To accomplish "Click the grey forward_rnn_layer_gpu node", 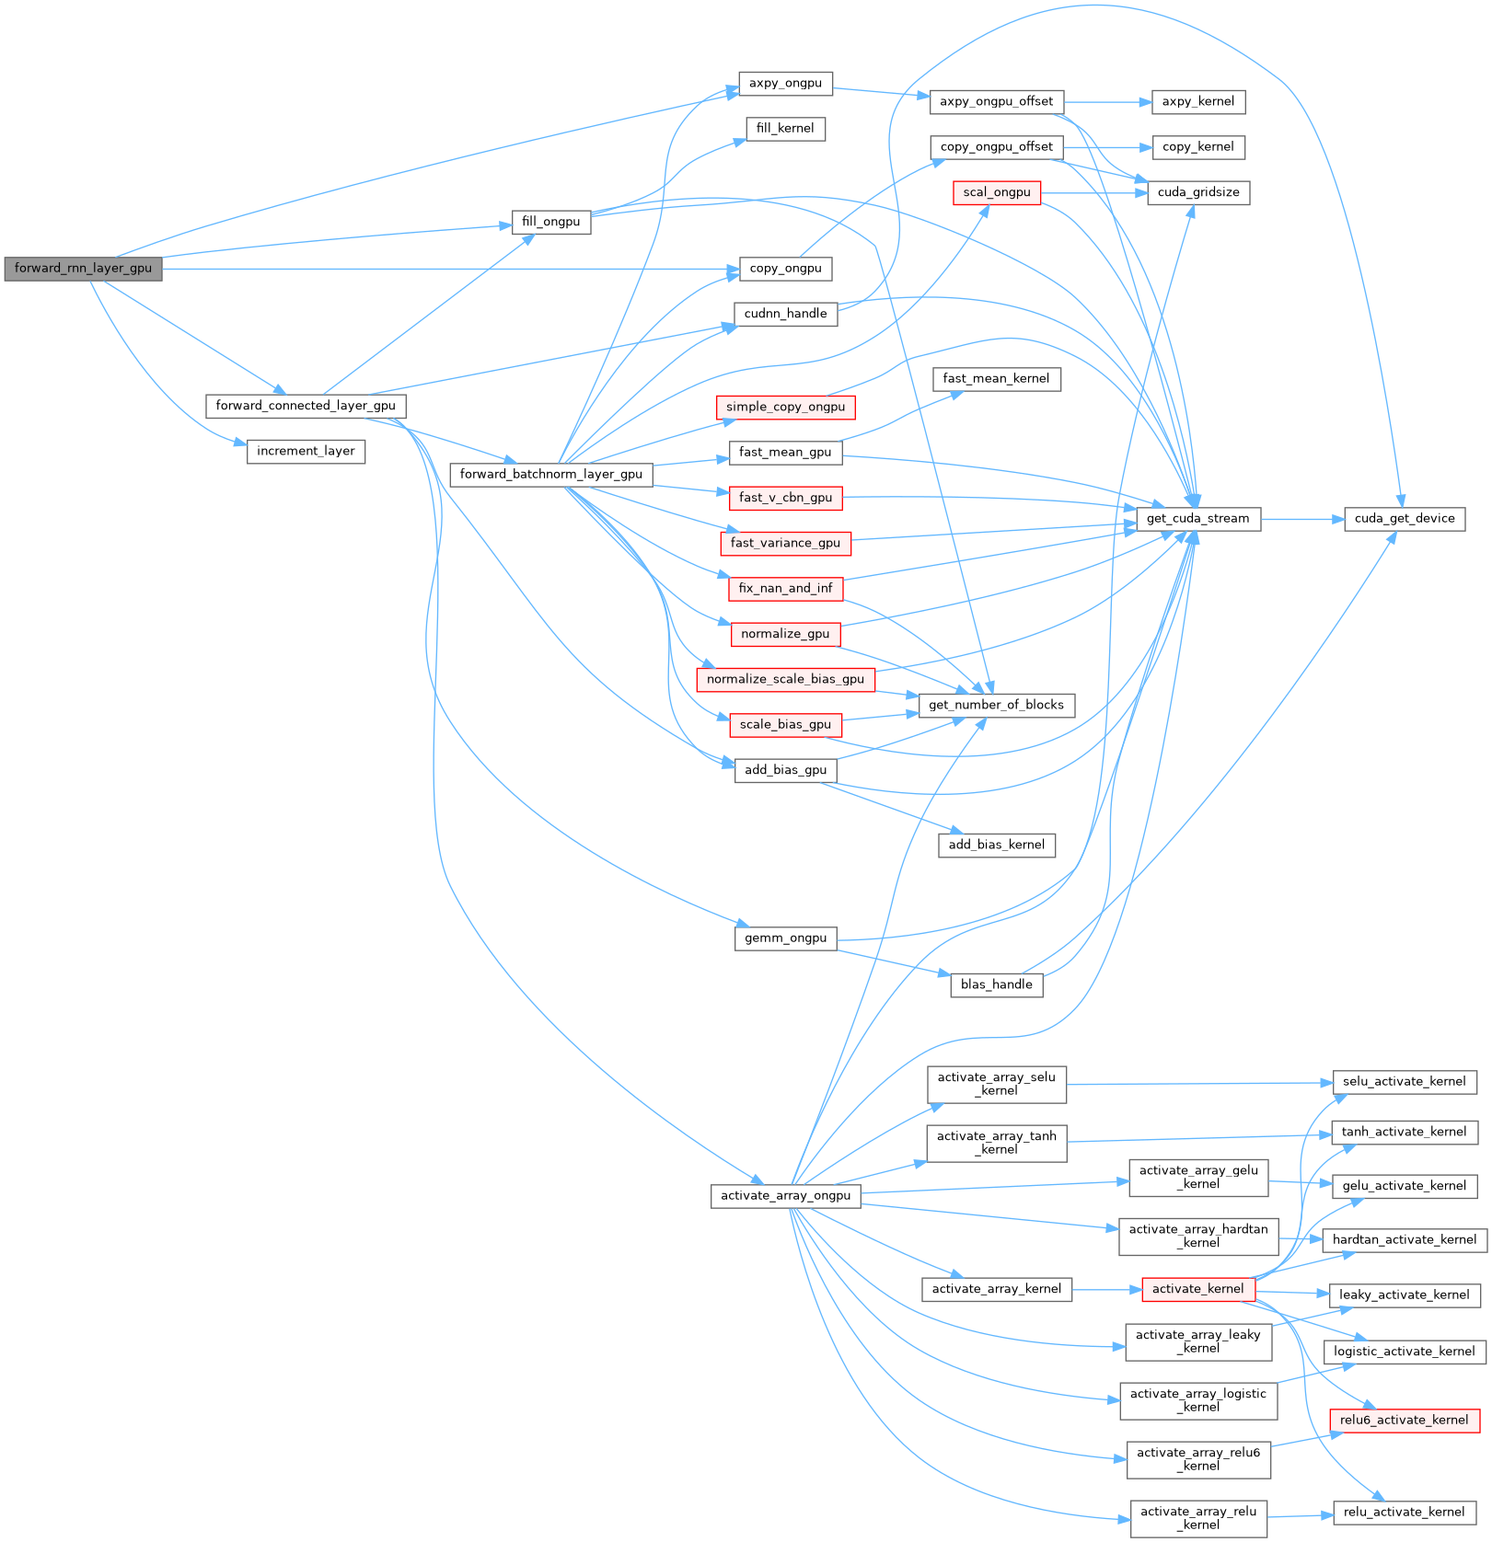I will [83, 269].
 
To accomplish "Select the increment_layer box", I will [306, 452].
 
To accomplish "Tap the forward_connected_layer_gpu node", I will [306, 406].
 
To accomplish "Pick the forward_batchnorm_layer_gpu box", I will [550, 475].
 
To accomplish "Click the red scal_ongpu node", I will [997, 192].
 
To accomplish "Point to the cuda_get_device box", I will [1404, 519].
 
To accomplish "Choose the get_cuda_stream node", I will [1197, 519].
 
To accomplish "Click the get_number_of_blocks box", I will [996, 705].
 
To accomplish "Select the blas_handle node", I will [996, 984].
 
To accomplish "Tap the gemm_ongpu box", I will [785, 938].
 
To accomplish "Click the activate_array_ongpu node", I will [785, 1196].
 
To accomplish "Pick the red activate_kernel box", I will [1197, 1289].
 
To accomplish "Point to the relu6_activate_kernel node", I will [1404, 1420].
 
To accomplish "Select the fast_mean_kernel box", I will [996, 378].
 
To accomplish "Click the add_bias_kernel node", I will [996, 845].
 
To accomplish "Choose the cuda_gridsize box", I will [1197, 192].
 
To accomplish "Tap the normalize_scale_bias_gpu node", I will [785, 679].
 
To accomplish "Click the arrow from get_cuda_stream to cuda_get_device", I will [1301, 519].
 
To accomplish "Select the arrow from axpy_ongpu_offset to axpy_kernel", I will [1108, 101].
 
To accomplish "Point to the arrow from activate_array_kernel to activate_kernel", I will [1106, 1289].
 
